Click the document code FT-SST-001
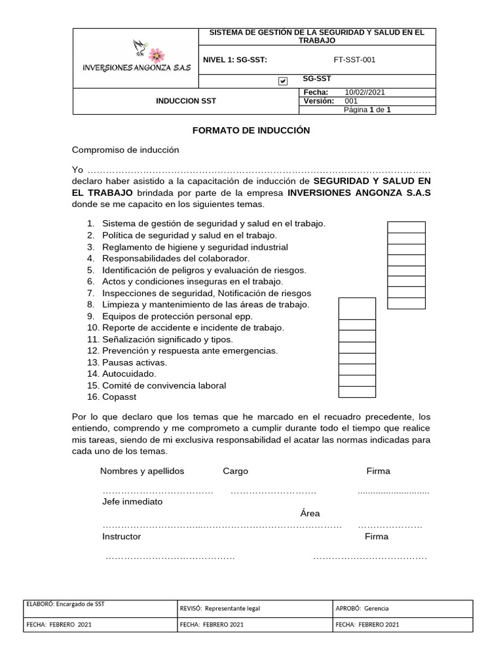coord(354,60)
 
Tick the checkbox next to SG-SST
coord(283,81)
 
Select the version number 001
coord(351,101)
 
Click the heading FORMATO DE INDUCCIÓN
coord(251,130)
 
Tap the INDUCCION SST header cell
coord(185,101)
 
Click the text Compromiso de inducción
coord(125,149)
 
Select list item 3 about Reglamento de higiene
coord(195,247)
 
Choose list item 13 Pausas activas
coord(134,362)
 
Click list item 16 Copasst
coord(119,396)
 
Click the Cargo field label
coord(235,471)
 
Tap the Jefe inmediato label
coord(132,501)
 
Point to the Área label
coord(310,513)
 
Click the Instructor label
coord(121,536)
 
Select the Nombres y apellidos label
coord(142,471)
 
